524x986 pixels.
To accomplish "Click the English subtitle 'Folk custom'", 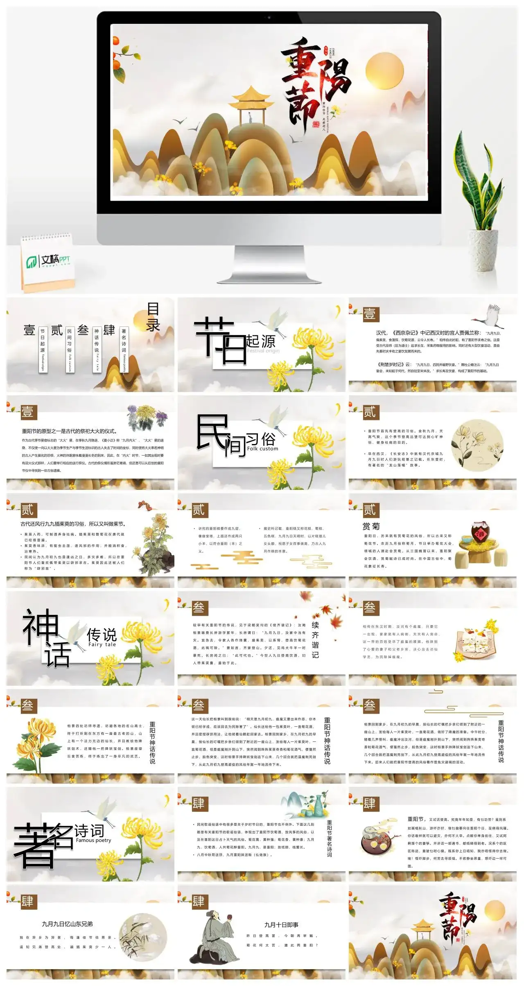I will click(262, 449).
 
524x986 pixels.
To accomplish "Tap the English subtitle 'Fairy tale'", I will click(102, 644).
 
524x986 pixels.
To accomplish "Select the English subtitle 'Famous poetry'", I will click(93, 840).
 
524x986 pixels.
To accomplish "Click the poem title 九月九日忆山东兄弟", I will click(67, 924).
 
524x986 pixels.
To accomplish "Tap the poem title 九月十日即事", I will click(281, 925).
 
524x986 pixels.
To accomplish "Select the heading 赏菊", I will click(371, 526).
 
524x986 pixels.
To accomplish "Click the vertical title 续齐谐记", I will click(315, 640).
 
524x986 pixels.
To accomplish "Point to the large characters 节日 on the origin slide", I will click(221, 340).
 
